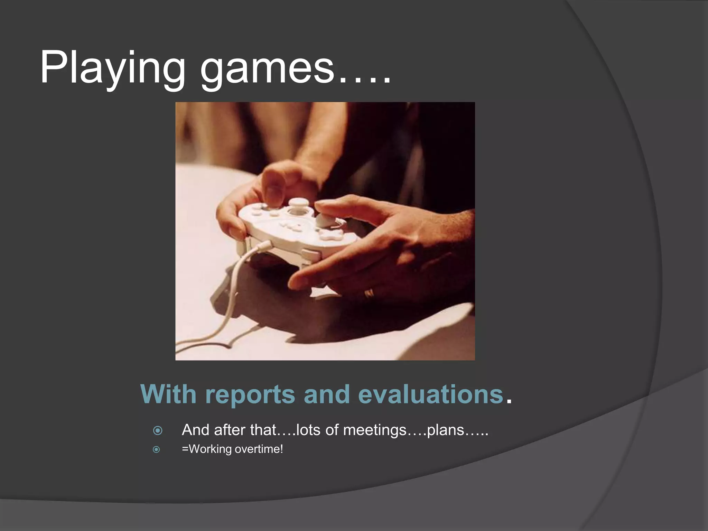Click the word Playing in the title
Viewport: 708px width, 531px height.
(113, 68)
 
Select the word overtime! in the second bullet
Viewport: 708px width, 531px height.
(259, 449)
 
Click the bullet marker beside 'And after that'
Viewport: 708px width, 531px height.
(158, 430)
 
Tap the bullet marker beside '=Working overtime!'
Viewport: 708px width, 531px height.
(157, 449)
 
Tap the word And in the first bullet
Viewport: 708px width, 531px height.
(196, 430)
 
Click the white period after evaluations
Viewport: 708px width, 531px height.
(508, 401)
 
